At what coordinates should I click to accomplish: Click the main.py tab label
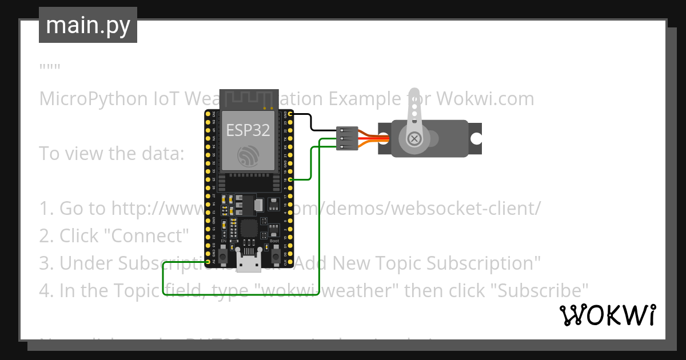[88, 25]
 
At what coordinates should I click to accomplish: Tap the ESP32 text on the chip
[248, 130]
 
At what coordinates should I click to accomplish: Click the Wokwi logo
[607, 315]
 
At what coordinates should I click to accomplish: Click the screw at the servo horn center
[413, 138]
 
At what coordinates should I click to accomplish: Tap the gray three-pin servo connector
[348, 138]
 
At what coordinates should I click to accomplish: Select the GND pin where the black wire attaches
[291, 114]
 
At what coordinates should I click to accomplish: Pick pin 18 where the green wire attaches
[291, 179]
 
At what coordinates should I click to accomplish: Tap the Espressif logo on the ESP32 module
[248, 156]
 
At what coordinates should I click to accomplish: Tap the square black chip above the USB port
[249, 228]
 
